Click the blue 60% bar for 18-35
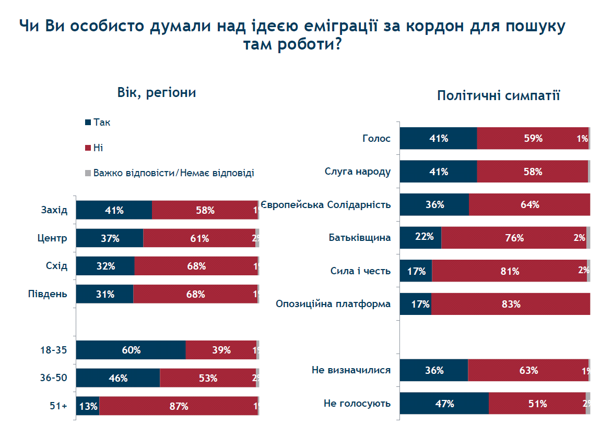point(131,350)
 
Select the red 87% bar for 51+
point(178,406)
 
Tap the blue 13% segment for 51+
point(88,406)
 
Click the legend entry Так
point(102,123)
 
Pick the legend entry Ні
point(98,148)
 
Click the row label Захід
point(54,210)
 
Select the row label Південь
point(48,294)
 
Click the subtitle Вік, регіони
point(156,93)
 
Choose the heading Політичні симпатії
point(498,95)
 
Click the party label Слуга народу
point(358,171)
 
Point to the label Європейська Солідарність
point(326,204)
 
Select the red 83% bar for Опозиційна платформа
point(511,304)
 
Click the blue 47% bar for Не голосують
point(444,403)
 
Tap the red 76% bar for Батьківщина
point(514,237)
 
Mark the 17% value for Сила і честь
point(417,271)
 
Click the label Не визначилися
point(351,370)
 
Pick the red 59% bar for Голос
point(533,138)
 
